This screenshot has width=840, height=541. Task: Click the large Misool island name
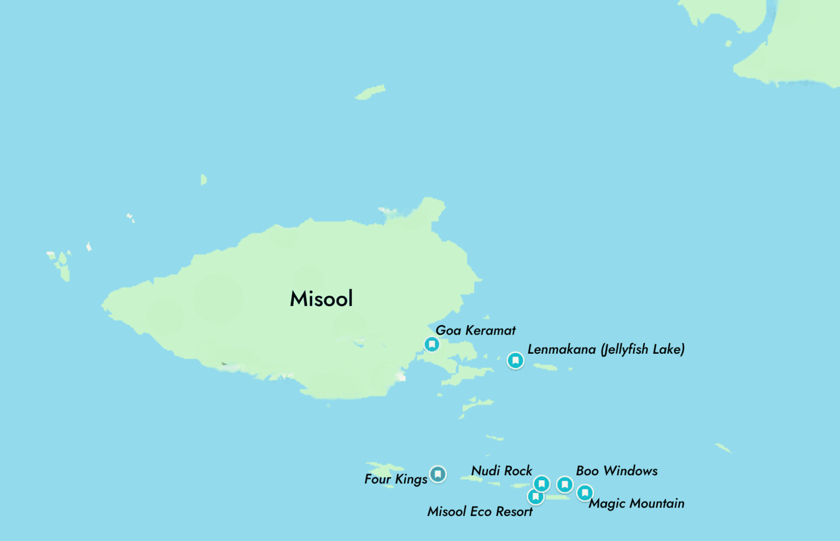coord(322,299)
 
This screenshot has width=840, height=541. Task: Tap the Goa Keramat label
coord(475,330)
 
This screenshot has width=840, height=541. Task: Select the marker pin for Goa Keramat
coord(431,344)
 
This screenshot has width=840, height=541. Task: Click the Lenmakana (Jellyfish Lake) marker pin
coord(515,360)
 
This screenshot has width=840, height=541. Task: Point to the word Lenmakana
coord(561,349)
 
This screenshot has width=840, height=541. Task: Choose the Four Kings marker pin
coord(437,474)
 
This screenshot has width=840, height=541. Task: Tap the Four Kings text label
coord(396,479)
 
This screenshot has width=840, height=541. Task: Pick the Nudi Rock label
coord(501,471)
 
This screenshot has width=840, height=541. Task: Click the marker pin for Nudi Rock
coord(541,484)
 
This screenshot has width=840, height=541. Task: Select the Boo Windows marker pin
coord(564,484)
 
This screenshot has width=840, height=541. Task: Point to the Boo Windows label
coord(616,471)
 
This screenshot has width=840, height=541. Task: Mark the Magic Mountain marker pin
coord(585,493)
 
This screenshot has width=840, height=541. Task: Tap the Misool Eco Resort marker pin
coord(535,497)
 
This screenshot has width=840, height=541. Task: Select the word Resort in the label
coord(514,511)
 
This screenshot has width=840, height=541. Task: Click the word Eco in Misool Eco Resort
coord(481,511)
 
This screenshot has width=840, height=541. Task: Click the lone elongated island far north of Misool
coord(370,92)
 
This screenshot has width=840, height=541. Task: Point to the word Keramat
coord(490,330)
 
